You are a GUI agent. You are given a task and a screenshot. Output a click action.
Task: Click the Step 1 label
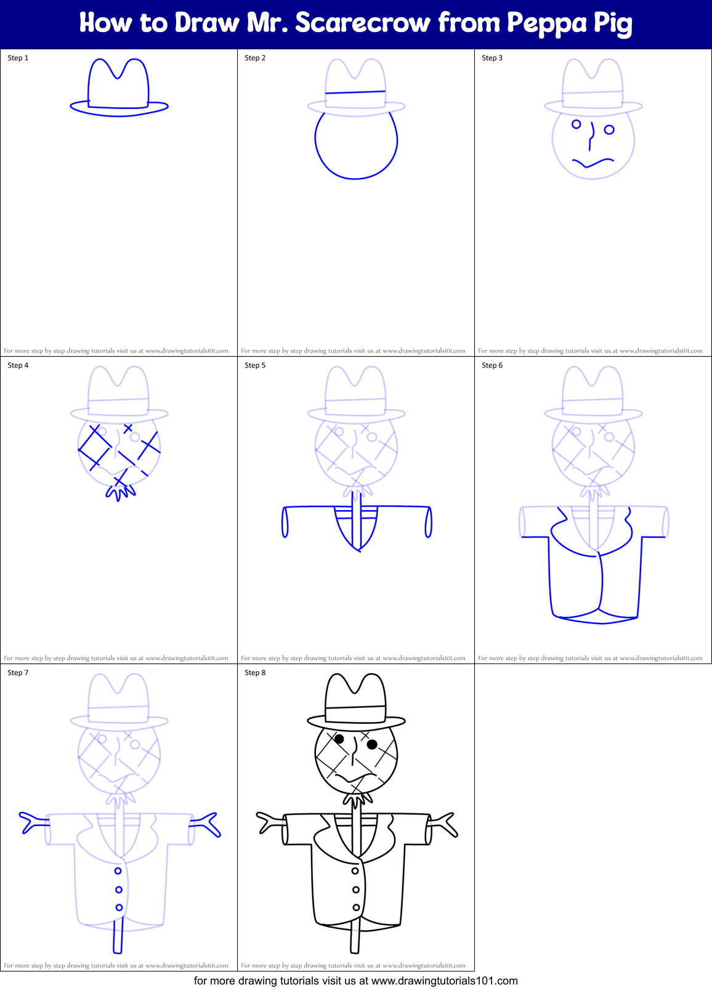pyautogui.click(x=18, y=58)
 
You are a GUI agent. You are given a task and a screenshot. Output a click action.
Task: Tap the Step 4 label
pyautogui.click(x=18, y=365)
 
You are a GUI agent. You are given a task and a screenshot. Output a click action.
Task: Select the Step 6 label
pyautogui.click(x=492, y=365)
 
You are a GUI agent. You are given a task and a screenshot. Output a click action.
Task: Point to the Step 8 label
pyautogui.click(x=255, y=673)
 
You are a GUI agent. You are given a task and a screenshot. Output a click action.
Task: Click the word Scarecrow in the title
pyautogui.click(x=363, y=23)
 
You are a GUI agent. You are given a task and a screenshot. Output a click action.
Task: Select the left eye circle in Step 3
pyautogui.click(x=576, y=124)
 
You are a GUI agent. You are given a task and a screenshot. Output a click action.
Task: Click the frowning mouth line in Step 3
pyautogui.click(x=593, y=163)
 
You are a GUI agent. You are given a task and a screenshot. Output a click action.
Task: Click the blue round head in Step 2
pyautogui.click(x=356, y=145)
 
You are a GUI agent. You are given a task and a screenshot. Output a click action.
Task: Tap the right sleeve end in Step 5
pyautogui.click(x=428, y=522)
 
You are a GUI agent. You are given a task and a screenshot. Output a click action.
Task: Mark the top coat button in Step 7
pyautogui.click(x=118, y=871)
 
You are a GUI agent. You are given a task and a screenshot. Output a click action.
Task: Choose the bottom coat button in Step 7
pyautogui.click(x=119, y=907)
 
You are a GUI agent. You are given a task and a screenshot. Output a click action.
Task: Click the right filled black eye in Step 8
pyautogui.click(x=372, y=745)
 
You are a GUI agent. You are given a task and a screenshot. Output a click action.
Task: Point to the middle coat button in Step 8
pyautogui.click(x=356, y=890)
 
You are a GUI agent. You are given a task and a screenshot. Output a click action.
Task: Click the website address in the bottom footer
pyautogui.click(x=445, y=981)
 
